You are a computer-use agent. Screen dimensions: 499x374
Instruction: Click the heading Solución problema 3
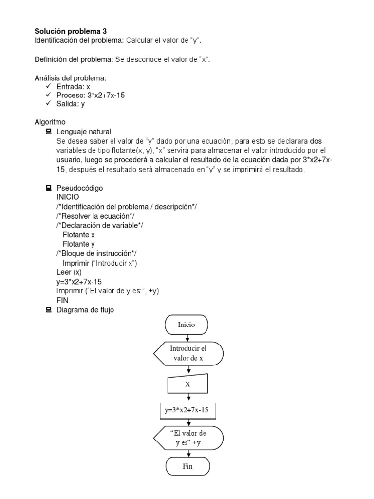tap(70, 30)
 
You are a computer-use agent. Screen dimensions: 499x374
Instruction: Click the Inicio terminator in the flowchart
tap(187, 324)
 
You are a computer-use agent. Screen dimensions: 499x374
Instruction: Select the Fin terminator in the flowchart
tap(187, 466)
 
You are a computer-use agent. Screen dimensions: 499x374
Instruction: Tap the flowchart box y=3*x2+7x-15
tap(187, 410)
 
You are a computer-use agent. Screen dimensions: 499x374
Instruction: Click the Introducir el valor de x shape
tap(188, 353)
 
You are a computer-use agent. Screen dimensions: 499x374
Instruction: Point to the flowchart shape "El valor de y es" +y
tap(188, 438)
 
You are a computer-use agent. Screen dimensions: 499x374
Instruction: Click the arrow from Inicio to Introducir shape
tap(187, 337)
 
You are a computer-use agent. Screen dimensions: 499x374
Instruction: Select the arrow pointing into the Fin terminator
tap(187, 453)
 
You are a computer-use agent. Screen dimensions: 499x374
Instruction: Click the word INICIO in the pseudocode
tap(68, 196)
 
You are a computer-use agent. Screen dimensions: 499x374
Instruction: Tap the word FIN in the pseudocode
tap(62, 300)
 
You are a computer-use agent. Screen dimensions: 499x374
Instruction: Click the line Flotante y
tap(79, 244)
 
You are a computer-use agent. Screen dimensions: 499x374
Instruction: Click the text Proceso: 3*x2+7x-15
tap(91, 96)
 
